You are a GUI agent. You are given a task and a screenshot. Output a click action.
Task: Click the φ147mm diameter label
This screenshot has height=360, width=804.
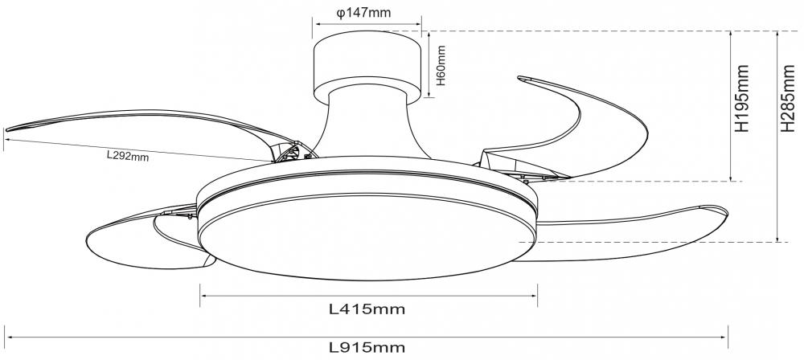tap(363, 13)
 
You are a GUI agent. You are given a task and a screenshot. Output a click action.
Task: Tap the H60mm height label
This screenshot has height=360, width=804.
tap(441, 65)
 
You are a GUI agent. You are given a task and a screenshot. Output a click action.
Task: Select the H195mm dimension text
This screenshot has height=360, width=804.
tap(742, 99)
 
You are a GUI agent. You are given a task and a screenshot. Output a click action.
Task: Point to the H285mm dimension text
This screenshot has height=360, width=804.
tap(787, 99)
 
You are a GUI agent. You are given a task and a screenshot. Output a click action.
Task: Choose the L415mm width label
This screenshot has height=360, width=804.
tap(367, 309)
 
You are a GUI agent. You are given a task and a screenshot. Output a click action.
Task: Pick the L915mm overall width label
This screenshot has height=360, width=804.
tap(367, 347)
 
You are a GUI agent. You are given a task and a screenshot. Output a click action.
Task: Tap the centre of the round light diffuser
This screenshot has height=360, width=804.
tap(367, 237)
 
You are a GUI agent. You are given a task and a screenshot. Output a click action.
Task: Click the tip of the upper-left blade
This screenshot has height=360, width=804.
tap(6, 129)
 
